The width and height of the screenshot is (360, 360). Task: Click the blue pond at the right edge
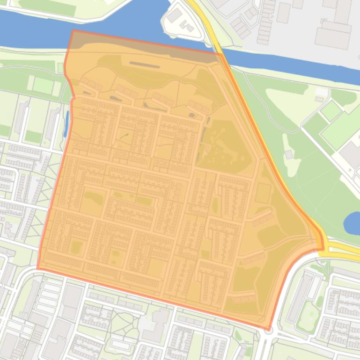tap(352, 223)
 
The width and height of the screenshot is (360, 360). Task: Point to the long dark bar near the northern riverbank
tap(145, 65)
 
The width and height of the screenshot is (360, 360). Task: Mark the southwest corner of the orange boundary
tap(38, 268)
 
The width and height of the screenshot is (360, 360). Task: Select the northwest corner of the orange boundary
tap(73, 31)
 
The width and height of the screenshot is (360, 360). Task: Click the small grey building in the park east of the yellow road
tap(289, 154)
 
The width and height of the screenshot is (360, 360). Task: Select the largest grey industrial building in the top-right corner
tap(333, 35)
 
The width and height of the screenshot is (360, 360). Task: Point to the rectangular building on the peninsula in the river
tap(175, 16)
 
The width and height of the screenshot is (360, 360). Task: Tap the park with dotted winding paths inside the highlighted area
tap(224, 143)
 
